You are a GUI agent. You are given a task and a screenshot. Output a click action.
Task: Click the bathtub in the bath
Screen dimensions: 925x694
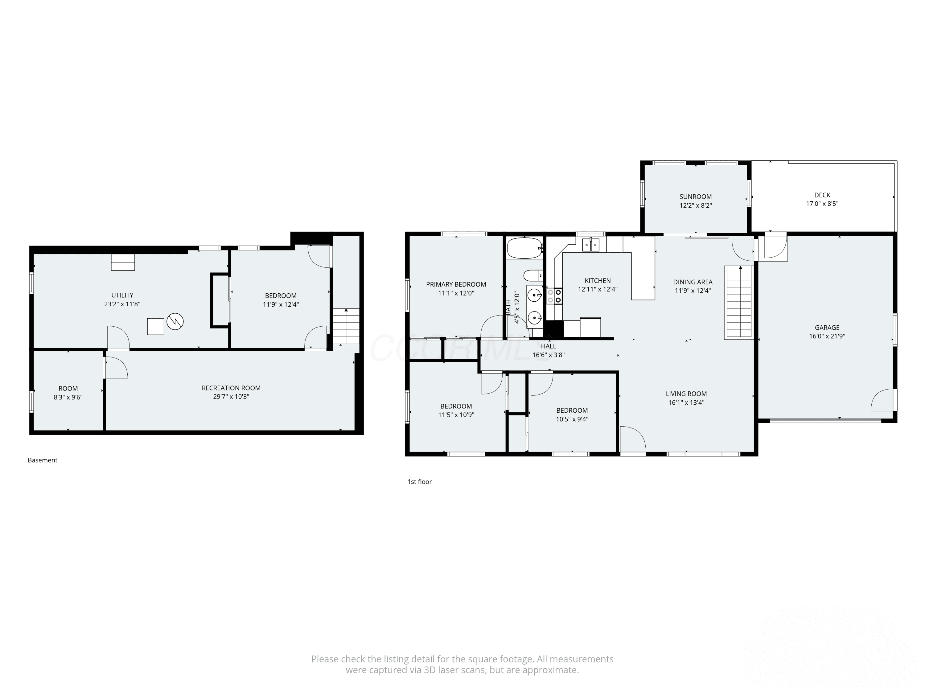524,248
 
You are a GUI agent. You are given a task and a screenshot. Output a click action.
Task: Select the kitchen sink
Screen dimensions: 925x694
591,244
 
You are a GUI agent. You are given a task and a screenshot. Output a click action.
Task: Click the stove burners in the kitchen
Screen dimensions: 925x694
554,296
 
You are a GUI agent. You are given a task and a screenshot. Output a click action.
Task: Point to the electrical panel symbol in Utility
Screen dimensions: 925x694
175,321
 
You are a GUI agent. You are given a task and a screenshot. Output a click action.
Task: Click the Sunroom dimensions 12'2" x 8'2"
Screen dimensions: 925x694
695,205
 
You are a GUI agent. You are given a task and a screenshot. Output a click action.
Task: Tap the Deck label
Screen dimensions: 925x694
822,195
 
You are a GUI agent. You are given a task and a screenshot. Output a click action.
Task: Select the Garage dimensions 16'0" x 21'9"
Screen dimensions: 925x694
827,336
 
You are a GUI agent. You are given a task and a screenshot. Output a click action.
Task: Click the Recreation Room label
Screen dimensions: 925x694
231,388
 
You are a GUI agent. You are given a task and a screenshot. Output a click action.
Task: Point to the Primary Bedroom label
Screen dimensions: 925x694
456,284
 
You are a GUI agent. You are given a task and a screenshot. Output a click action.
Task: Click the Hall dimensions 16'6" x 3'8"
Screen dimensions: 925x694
548,355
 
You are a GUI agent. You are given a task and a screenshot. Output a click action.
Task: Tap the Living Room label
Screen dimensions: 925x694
686,394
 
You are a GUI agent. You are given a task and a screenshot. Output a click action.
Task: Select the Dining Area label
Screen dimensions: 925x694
693,282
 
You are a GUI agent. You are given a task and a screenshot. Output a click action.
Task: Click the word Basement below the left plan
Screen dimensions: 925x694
42,460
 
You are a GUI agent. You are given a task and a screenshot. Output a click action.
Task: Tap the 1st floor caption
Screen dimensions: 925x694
419,481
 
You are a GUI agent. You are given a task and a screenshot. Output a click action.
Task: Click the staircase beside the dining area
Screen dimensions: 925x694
738,302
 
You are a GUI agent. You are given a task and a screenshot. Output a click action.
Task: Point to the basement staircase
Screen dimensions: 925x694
346,326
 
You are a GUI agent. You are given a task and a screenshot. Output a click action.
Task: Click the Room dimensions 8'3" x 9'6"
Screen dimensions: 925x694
68,397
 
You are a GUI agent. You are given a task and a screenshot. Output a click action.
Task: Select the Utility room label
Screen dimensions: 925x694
122,295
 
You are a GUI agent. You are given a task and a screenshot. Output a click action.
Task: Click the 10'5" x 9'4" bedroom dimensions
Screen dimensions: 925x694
572,419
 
